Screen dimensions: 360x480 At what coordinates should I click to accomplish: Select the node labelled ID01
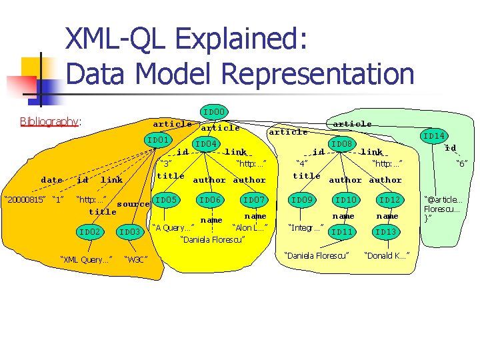158,140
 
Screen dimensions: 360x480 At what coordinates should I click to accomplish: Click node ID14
434,136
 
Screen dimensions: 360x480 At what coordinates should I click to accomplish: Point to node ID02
89,231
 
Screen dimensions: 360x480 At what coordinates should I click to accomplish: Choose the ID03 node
130,231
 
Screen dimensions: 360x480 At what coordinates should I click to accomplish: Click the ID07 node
254,199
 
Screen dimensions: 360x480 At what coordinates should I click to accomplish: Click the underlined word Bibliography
49,121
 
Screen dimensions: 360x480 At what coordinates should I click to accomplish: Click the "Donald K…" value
387,255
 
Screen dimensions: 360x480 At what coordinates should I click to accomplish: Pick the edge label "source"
133,204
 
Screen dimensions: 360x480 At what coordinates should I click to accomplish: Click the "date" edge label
51,180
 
